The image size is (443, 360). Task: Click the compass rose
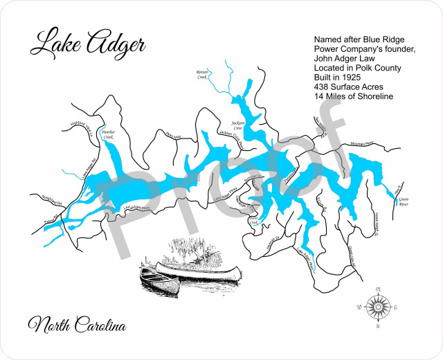tap(377, 305)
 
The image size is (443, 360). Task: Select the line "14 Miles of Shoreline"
tap(353, 97)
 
